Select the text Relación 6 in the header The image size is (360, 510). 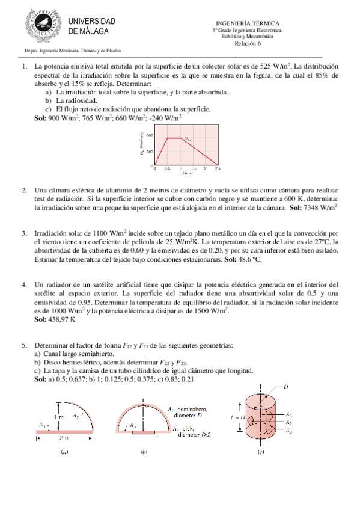247,43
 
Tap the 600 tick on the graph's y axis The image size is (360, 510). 150,135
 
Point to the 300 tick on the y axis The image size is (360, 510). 150,151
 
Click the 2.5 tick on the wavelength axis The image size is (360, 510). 218,169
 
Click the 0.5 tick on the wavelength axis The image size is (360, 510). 167,169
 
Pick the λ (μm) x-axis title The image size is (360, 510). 187,174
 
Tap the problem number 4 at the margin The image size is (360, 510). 24,284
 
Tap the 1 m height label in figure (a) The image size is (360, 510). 58,416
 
